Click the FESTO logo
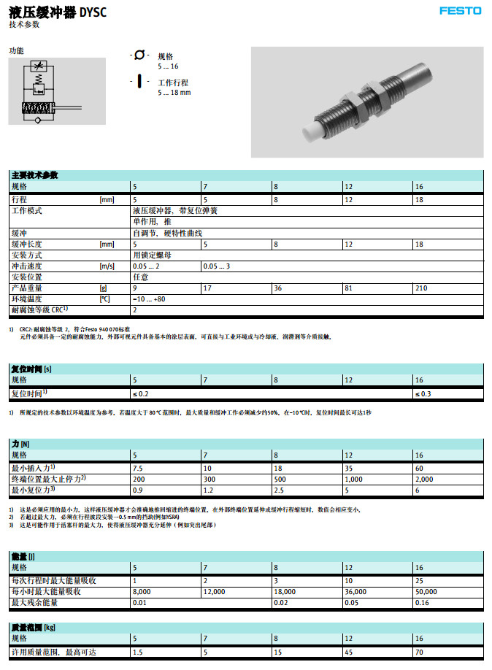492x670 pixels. [460, 10]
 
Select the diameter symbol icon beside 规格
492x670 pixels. [139, 56]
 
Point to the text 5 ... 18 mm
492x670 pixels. [174, 93]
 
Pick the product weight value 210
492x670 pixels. [421, 288]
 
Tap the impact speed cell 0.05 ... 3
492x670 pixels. [217, 266]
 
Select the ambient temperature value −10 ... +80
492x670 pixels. [149, 299]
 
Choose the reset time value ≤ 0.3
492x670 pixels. [423, 394]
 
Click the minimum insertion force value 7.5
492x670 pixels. [137, 468]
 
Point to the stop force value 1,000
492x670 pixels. [354, 479]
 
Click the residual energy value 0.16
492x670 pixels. [422, 603]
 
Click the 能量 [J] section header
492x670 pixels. [26, 556]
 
